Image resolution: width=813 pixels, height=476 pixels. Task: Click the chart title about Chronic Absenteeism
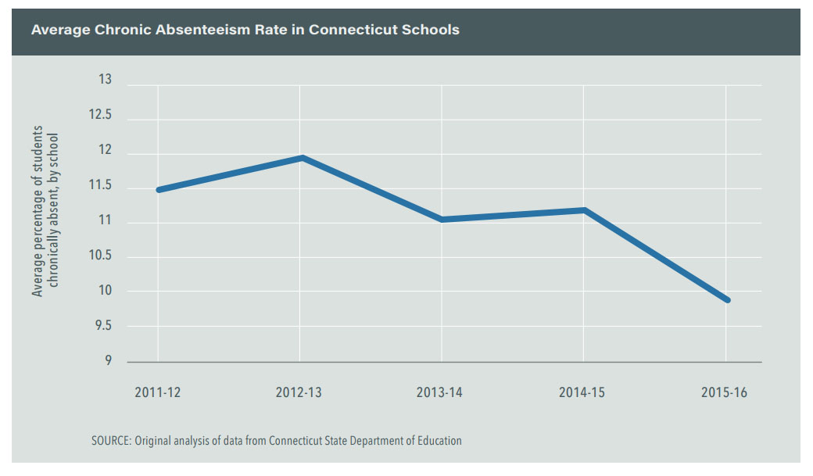coord(245,30)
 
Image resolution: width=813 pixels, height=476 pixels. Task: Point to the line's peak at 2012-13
coord(301,158)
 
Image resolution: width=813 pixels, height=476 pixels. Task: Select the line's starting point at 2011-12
coord(159,190)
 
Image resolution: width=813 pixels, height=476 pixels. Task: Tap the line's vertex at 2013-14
coord(442,220)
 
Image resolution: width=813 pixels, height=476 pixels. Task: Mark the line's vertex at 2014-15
coord(584,209)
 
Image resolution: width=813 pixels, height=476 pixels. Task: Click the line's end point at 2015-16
coord(727,299)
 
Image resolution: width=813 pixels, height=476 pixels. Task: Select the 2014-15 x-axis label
coord(582,392)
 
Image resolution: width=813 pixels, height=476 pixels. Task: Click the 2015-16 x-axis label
coord(725,392)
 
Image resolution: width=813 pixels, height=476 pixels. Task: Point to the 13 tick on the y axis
coord(105,80)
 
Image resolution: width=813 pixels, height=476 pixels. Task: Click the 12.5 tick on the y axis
coord(99,115)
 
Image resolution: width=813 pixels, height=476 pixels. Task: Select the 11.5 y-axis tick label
coord(99,186)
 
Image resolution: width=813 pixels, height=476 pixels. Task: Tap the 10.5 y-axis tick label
coord(99,256)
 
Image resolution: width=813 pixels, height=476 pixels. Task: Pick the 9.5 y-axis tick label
coord(102,327)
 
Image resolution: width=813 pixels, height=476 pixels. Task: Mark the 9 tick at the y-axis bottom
coord(107,361)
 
